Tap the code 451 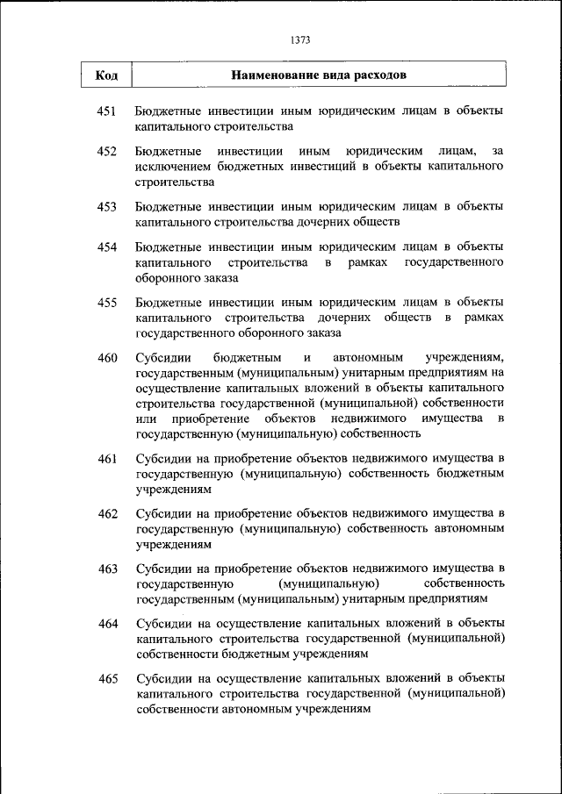coord(107,111)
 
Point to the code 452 coord(107,152)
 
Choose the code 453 coord(107,207)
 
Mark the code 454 coord(107,247)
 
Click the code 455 coord(107,303)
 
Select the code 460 coord(107,358)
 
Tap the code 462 coord(107,513)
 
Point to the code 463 coord(107,569)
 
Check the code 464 coord(107,624)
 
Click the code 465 coord(107,679)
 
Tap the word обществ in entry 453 coord(375,222)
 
